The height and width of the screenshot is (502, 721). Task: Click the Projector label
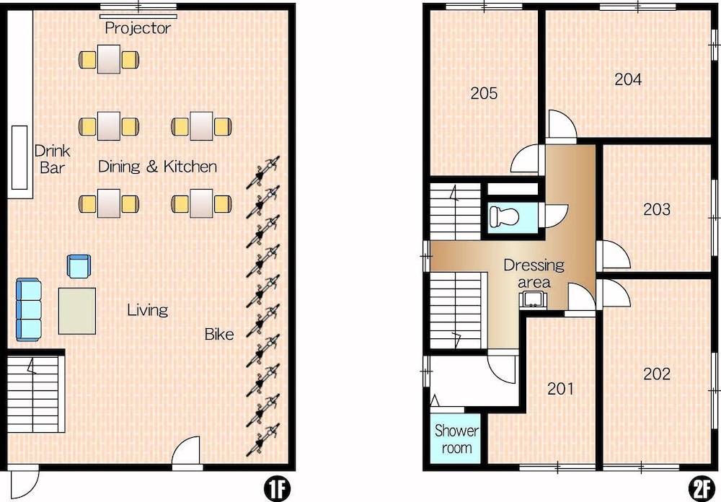coord(138,28)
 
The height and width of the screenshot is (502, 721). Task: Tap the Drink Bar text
coord(52,159)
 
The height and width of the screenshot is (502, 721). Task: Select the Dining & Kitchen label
coord(158,166)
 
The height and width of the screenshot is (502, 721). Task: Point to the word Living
coord(148,309)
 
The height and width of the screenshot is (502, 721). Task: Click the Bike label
coord(219,334)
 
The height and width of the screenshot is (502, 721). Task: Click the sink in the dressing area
coord(534,299)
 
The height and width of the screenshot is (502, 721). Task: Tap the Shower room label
coord(456,439)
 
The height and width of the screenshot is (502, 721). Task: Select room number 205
coord(484,94)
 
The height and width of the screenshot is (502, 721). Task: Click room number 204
coord(628,79)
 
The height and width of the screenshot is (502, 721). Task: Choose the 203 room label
coord(657,209)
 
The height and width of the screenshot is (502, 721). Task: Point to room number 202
coord(657,374)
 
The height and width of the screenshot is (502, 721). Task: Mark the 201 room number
coord(560,389)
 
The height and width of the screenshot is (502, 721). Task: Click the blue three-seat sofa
coord(29,309)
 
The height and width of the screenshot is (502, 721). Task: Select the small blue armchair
coord(79,267)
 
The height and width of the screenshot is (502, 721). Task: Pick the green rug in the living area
coord(77,311)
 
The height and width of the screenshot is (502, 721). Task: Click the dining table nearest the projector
coord(109,59)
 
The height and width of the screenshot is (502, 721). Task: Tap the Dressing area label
coord(534,273)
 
